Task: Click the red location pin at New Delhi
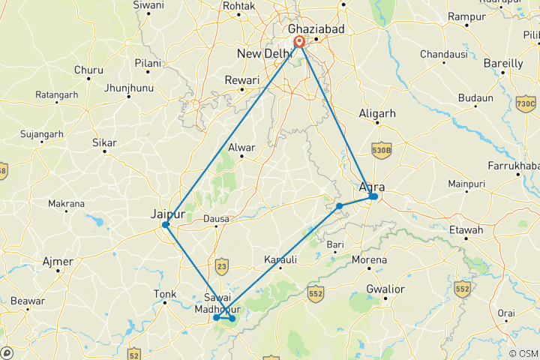coord(299,41)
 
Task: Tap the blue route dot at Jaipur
coord(166,224)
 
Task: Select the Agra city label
coord(373,187)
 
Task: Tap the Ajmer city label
coord(58,262)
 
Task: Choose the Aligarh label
coord(377,113)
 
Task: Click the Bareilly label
coord(503,64)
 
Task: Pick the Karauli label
coord(280,259)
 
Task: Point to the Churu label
coord(88,70)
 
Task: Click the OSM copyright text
coord(523,353)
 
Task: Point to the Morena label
coord(370,259)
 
